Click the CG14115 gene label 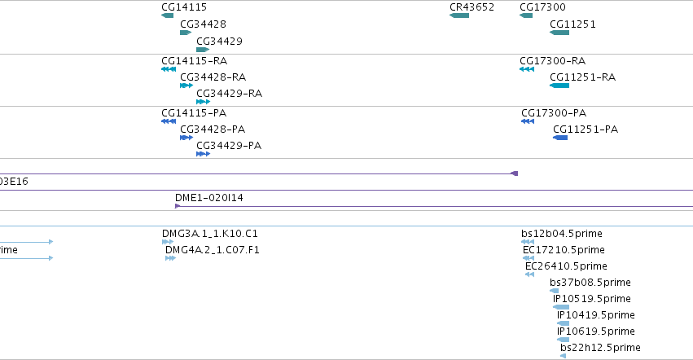184,7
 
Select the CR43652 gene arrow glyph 459,15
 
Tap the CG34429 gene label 219,41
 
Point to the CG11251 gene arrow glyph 559,33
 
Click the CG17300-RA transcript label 552,60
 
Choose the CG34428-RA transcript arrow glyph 186,86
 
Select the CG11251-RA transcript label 582,77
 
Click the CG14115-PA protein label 194,112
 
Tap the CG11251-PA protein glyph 560,138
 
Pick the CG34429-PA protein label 229,146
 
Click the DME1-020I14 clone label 209,198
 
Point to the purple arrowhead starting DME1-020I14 178,206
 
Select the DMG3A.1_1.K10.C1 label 210,234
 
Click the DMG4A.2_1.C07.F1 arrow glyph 170,258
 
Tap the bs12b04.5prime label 562,234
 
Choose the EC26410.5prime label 566,266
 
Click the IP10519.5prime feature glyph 561,307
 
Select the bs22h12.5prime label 600,348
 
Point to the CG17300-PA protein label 554,112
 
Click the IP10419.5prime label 596,315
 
